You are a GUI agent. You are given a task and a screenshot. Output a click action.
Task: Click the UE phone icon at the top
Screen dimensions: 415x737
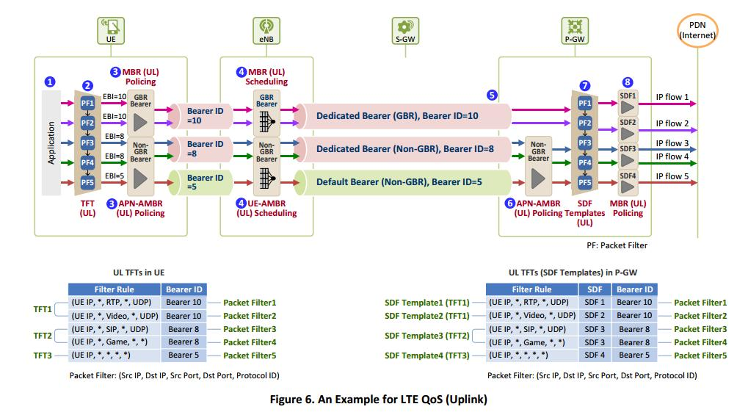(111, 28)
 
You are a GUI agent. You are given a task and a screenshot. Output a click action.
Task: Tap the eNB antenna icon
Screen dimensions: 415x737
(266, 28)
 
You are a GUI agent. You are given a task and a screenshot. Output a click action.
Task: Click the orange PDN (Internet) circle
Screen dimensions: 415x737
(697, 30)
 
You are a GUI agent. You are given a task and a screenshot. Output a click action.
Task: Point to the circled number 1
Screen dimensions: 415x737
(50, 82)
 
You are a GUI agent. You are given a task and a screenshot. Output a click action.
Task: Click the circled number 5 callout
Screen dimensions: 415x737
(492, 95)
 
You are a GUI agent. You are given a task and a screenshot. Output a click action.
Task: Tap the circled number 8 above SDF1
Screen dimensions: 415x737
(627, 82)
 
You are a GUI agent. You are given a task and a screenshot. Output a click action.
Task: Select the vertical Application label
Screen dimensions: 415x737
(51, 142)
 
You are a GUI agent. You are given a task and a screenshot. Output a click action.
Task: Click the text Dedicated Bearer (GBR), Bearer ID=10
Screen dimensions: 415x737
(397, 116)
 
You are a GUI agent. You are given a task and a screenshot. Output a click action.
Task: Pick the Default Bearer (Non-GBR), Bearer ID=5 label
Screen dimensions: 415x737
(399, 181)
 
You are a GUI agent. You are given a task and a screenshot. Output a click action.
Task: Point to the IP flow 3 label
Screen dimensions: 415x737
(672, 143)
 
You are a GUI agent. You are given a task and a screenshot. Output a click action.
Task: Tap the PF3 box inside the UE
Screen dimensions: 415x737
(87, 142)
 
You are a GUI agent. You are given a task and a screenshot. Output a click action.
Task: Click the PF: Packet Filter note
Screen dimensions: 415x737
(617, 245)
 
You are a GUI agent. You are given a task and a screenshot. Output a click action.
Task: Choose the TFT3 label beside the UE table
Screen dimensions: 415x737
(43, 355)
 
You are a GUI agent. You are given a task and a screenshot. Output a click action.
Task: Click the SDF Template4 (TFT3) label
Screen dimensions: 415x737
(426, 355)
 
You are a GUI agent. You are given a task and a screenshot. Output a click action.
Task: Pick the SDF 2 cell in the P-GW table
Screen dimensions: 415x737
(594, 315)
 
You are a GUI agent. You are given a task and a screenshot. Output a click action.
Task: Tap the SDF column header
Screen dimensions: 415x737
(594, 289)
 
